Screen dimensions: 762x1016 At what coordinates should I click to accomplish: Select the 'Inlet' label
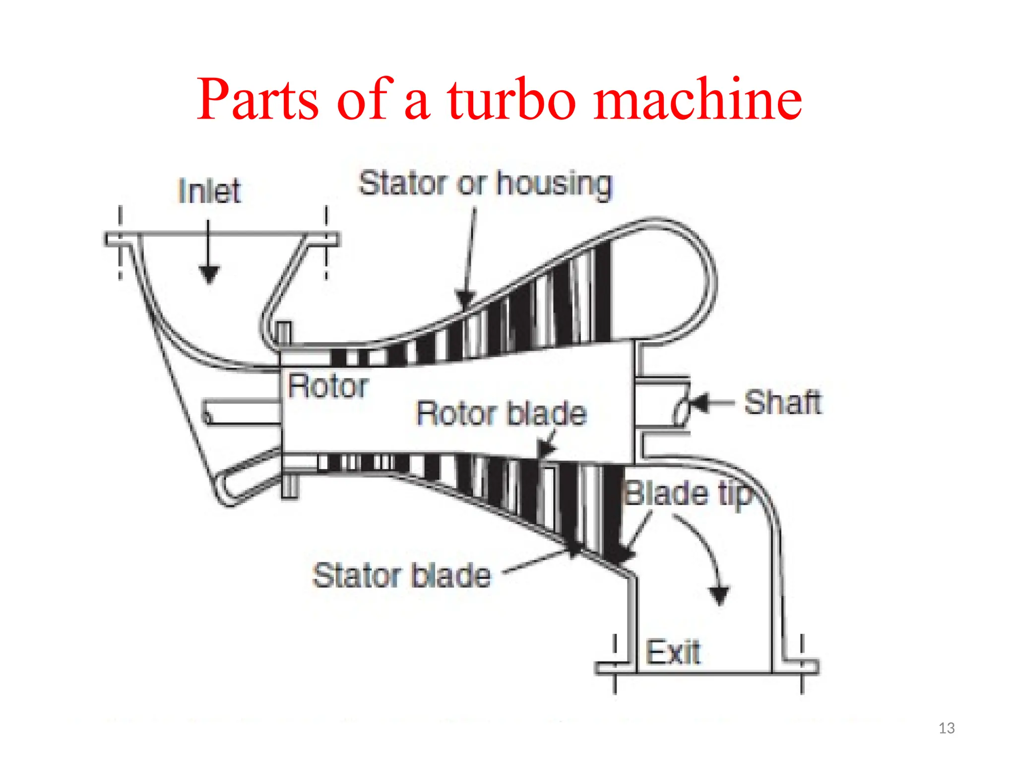pyautogui.click(x=209, y=191)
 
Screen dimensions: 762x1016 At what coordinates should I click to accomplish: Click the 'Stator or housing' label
pyautogui.click(x=485, y=184)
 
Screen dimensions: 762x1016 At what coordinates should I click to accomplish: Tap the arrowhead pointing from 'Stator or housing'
pyautogui.click(x=465, y=300)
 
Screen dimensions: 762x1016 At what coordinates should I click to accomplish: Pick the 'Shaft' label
pyautogui.click(x=782, y=402)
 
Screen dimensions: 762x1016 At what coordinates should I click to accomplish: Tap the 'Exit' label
pyautogui.click(x=673, y=652)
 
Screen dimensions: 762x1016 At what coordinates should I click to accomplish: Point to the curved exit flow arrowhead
pyautogui.click(x=719, y=595)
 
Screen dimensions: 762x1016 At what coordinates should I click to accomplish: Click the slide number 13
pyautogui.click(x=947, y=728)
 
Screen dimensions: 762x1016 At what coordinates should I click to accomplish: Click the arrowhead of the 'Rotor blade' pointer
pyautogui.click(x=546, y=449)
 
